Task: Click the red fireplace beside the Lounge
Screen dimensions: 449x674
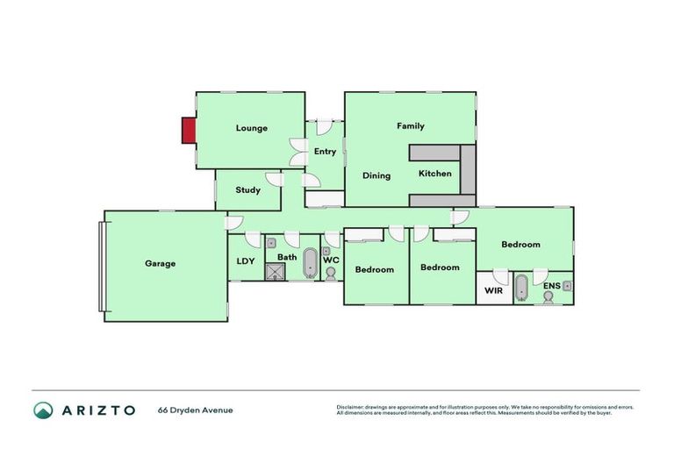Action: (x=188, y=131)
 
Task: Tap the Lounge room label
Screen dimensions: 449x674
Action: (x=251, y=128)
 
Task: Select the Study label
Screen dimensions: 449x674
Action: (x=248, y=189)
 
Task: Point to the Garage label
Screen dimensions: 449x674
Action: (x=161, y=263)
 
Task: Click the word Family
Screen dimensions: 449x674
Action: (x=410, y=126)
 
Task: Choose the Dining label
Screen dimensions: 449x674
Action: (x=376, y=175)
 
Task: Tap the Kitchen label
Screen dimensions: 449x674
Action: (x=434, y=174)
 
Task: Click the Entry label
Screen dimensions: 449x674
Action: (x=325, y=152)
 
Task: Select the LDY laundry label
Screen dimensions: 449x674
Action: (x=245, y=261)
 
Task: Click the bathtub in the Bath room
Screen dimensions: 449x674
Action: (x=310, y=262)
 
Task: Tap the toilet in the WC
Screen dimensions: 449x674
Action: (x=331, y=273)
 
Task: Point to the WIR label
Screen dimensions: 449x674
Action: (x=493, y=290)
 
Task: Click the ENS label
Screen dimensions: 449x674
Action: (x=551, y=285)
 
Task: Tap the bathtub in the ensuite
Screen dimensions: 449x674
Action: (x=521, y=288)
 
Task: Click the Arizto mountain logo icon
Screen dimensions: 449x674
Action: (x=43, y=410)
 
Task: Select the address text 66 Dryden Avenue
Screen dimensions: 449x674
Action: (x=196, y=410)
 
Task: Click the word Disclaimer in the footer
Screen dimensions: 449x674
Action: (x=352, y=407)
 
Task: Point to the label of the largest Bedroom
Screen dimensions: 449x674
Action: (x=520, y=245)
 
